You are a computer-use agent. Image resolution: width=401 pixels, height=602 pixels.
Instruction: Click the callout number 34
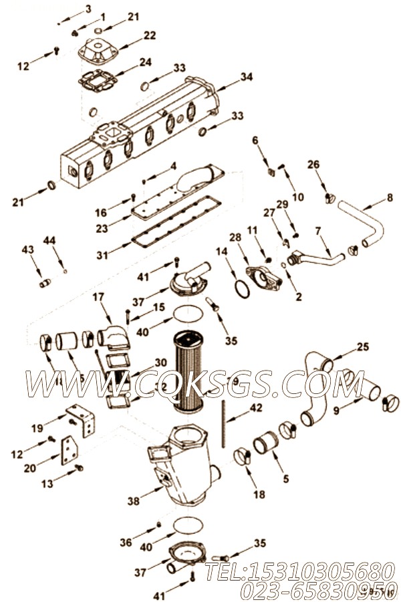coord(247,77)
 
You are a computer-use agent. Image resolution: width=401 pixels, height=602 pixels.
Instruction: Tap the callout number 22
coord(149,35)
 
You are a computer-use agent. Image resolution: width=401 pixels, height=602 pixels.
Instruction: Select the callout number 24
coord(145,62)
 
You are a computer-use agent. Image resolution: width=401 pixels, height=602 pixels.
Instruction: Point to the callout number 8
coord(390,197)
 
